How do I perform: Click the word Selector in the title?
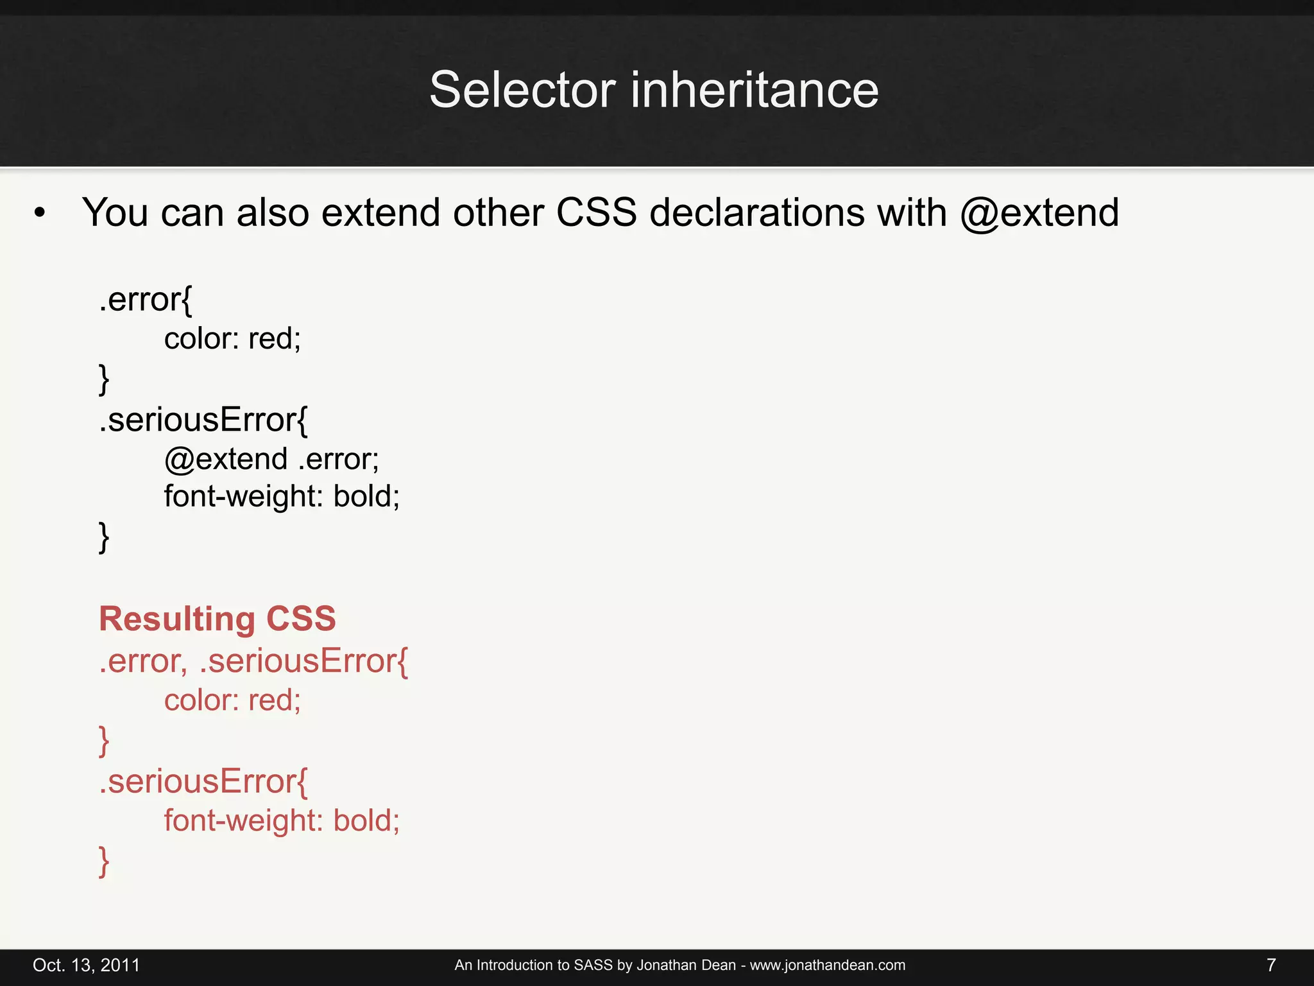tap(522, 90)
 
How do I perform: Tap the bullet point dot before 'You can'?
tap(40, 214)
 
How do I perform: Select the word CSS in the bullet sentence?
tap(596, 212)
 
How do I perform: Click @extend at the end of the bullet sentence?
tap(1039, 212)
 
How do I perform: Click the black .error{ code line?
tap(146, 300)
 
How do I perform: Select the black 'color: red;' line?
tap(232, 338)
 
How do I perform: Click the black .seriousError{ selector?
tap(203, 420)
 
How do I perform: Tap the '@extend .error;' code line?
tap(271, 459)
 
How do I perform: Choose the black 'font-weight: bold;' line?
tap(282, 496)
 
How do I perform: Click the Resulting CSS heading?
tap(218, 619)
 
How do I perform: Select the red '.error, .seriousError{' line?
tap(253, 661)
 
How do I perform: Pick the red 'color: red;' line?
tap(232, 700)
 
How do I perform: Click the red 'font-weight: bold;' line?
tap(282, 820)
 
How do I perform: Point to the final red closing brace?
tap(104, 861)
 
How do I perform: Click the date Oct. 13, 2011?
tap(87, 965)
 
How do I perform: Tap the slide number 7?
tap(1271, 965)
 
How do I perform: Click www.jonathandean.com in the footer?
tap(828, 965)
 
